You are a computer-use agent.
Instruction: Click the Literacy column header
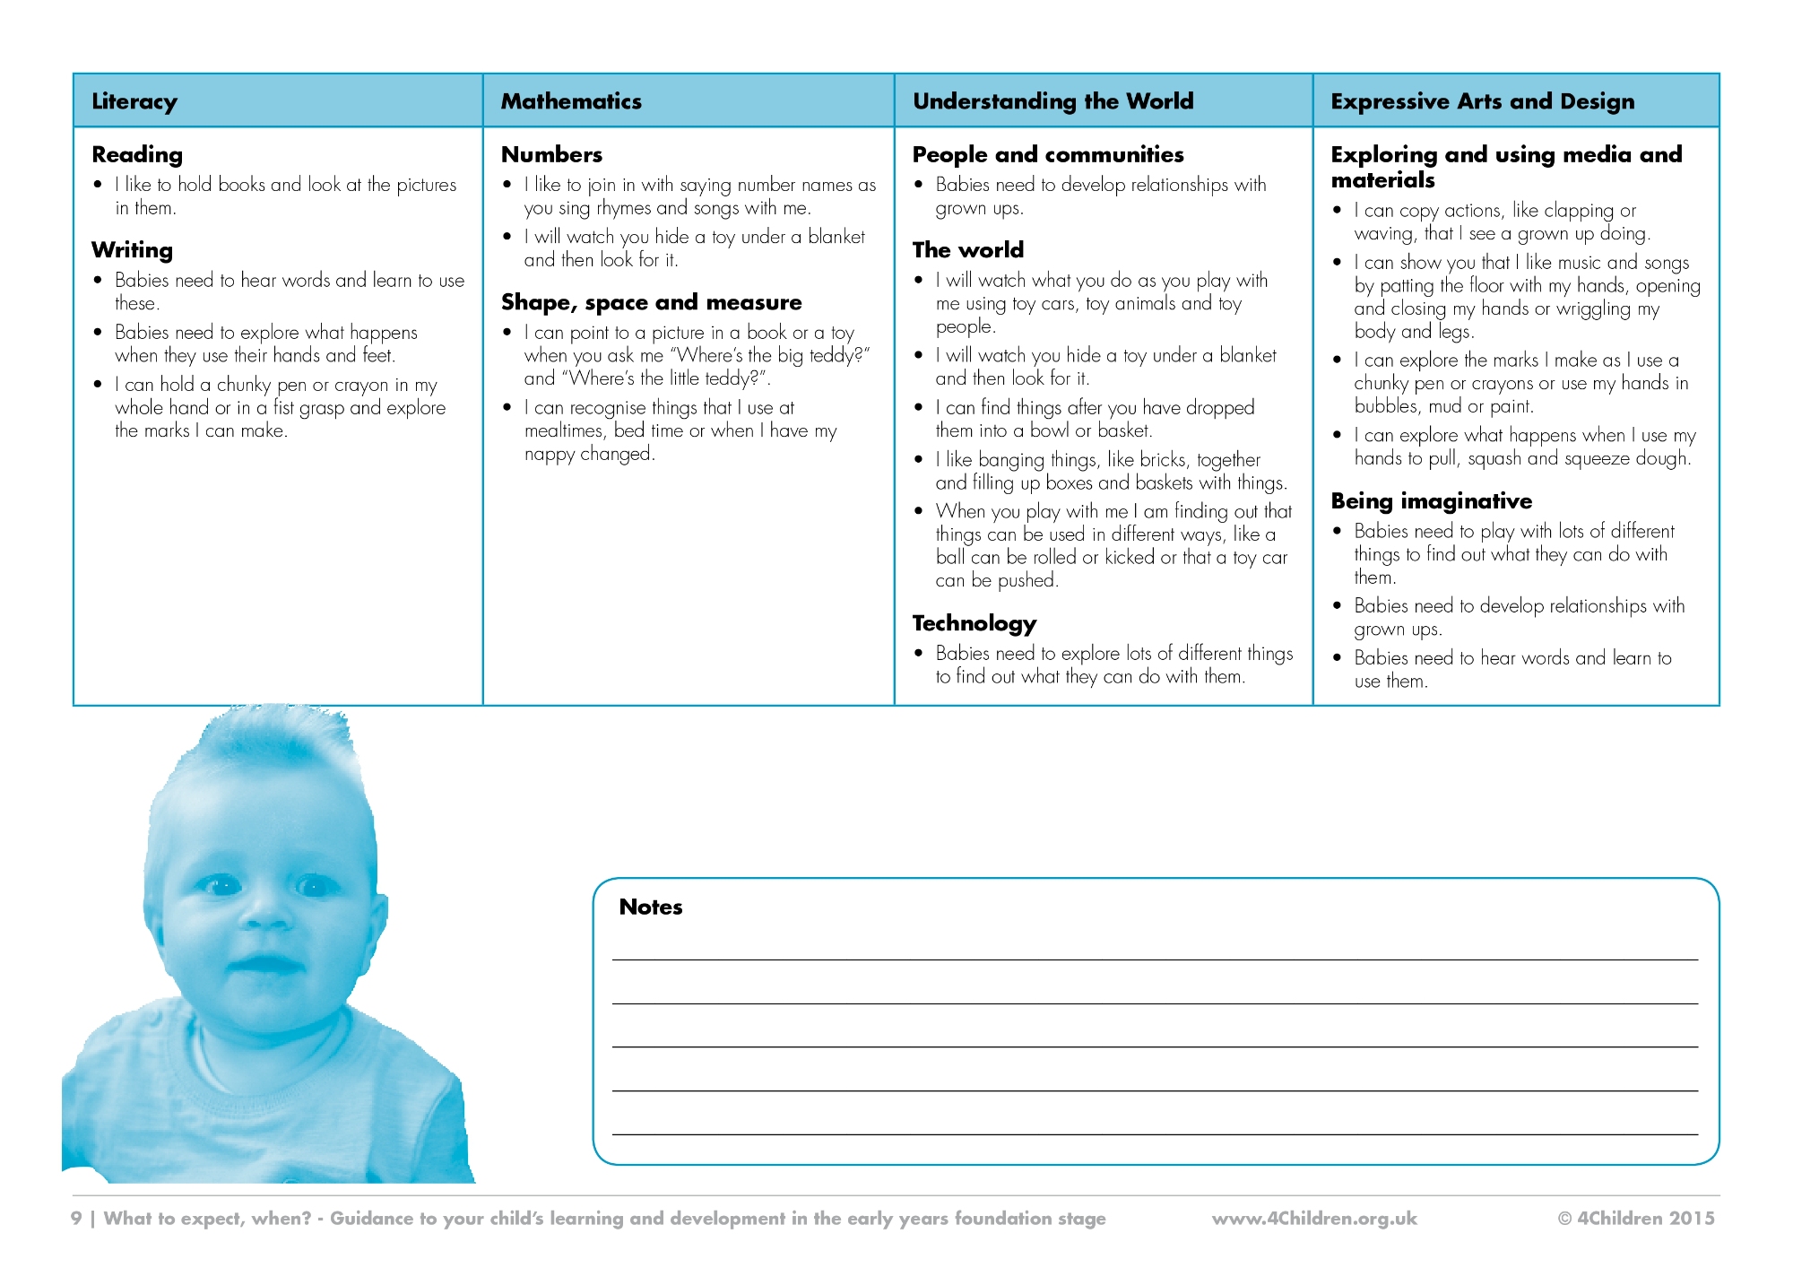(x=134, y=101)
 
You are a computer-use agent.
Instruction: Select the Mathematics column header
(x=571, y=101)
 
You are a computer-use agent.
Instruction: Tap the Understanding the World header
(x=1052, y=101)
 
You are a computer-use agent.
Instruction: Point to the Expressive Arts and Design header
(x=1482, y=101)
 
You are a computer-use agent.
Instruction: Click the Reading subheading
(x=137, y=155)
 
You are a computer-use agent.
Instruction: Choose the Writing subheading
(x=132, y=250)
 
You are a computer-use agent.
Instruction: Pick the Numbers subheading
(x=551, y=155)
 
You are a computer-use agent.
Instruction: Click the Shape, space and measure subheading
(x=651, y=302)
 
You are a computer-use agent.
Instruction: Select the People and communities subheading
(x=1047, y=155)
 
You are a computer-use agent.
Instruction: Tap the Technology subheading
(x=974, y=623)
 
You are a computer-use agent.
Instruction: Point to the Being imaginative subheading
(x=1431, y=501)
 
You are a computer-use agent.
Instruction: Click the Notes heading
(x=650, y=908)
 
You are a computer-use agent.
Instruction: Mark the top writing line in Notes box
(x=1155, y=960)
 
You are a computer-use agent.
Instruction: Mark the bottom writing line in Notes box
(x=1155, y=1134)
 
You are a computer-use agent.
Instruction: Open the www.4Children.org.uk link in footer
(x=1314, y=1219)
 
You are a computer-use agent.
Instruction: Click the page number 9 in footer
(x=76, y=1219)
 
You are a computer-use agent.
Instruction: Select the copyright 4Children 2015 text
(x=1635, y=1219)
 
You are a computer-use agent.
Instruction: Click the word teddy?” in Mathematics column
(x=839, y=355)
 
